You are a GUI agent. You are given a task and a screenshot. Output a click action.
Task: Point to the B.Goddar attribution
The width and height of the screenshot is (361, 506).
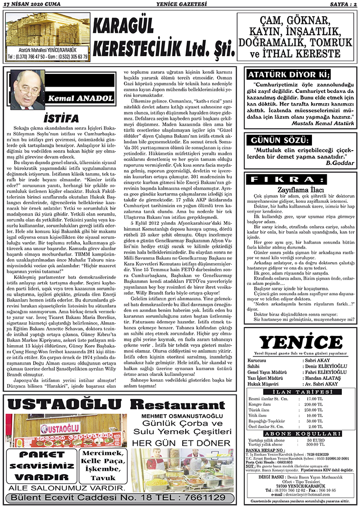tap(339, 162)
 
